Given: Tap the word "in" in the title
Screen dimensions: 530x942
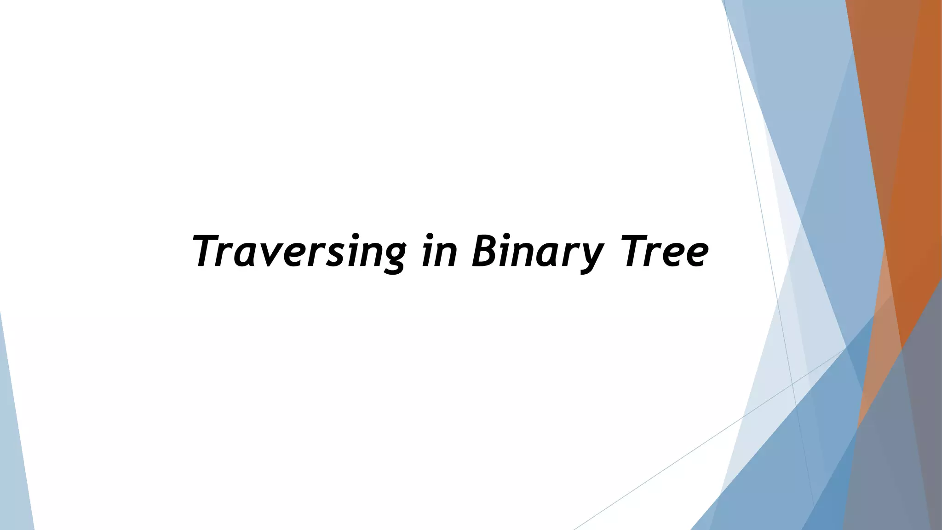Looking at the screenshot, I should pos(440,252).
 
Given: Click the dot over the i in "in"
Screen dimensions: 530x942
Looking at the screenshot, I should pos(431,237).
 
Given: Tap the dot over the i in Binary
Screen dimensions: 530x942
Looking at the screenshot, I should pos(509,237).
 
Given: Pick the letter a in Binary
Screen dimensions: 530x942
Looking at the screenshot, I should pos(547,256).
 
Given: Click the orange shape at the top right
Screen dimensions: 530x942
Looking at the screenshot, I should pos(902,115).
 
